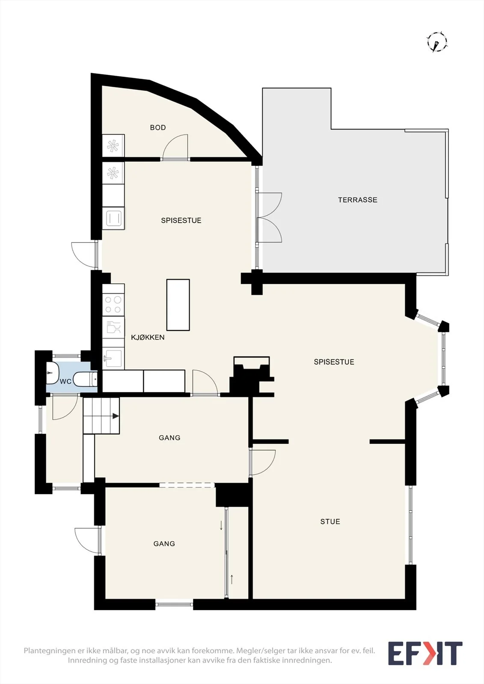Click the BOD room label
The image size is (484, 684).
tap(158, 127)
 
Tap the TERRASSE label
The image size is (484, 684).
tap(357, 200)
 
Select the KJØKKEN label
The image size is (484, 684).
tap(148, 337)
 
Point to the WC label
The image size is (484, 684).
tap(65, 381)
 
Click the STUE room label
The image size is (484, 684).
tap(330, 522)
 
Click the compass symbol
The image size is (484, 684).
tap(437, 42)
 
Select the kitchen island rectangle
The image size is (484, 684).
tap(178, 305)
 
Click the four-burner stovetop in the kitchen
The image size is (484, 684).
tap(113, 305)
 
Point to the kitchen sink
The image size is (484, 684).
tap(113, 358)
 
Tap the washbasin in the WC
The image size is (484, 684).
tap(52, 373)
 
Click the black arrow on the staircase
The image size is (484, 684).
tap(116, 416)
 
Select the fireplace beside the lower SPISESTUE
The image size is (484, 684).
tap(252, 376)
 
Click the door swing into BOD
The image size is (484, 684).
tap(175, 147)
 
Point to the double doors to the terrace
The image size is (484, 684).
tap(269, 218)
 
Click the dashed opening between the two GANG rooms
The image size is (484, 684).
tap(187, 485)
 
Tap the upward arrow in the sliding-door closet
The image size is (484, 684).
tap(232, 579)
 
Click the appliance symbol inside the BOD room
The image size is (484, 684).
tap(113, 145)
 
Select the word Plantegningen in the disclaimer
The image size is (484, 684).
tap(49, 650)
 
